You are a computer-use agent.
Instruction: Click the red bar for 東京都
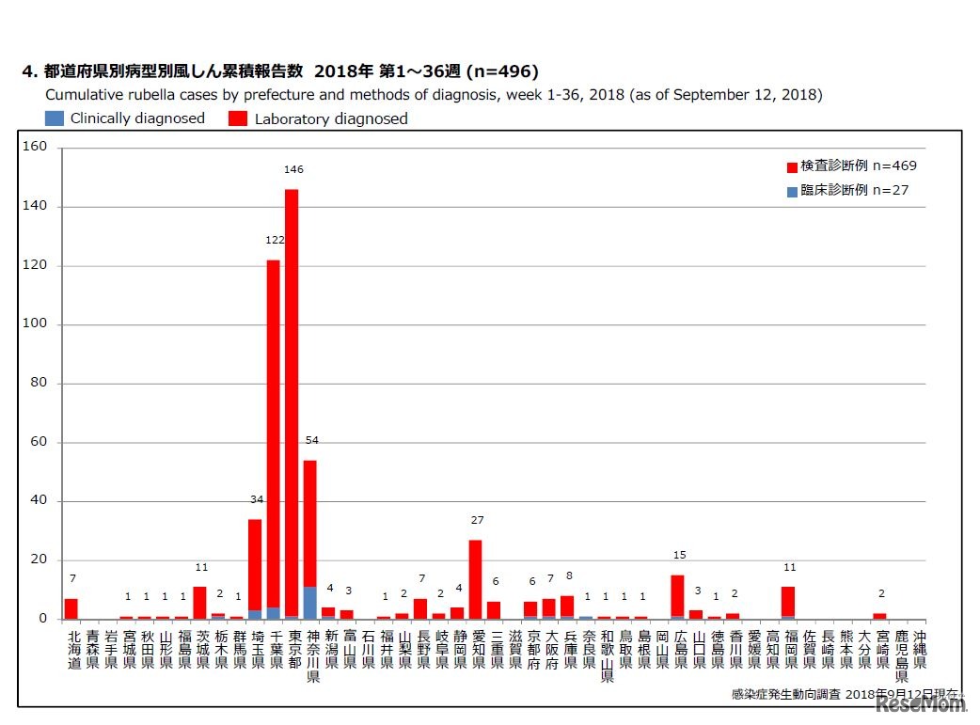[x=292, y=395]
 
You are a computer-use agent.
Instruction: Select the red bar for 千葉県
[x=273, y=423]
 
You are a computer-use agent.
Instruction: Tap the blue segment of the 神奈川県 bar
[x=309, y=603]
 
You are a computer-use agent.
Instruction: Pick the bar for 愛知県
[x=475, y=579]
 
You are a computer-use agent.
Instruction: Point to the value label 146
[x=293, y=170]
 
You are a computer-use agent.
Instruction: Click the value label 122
[x=275, y=241]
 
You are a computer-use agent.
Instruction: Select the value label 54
[x=311, y=440]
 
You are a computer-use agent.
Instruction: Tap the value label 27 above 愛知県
[x=477, y=520]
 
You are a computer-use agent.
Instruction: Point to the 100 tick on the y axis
[x=35, y=324]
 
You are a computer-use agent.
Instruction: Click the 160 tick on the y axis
[x=35, y=147]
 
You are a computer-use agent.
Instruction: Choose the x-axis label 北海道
[x=72, y=649]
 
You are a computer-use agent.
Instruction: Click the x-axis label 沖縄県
[x=919, y=649]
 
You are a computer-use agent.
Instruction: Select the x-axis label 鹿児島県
[x=901, y=655]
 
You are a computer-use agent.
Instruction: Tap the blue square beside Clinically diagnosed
[x=55, y=118]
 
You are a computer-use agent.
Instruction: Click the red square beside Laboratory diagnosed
[x=238, y=118]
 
